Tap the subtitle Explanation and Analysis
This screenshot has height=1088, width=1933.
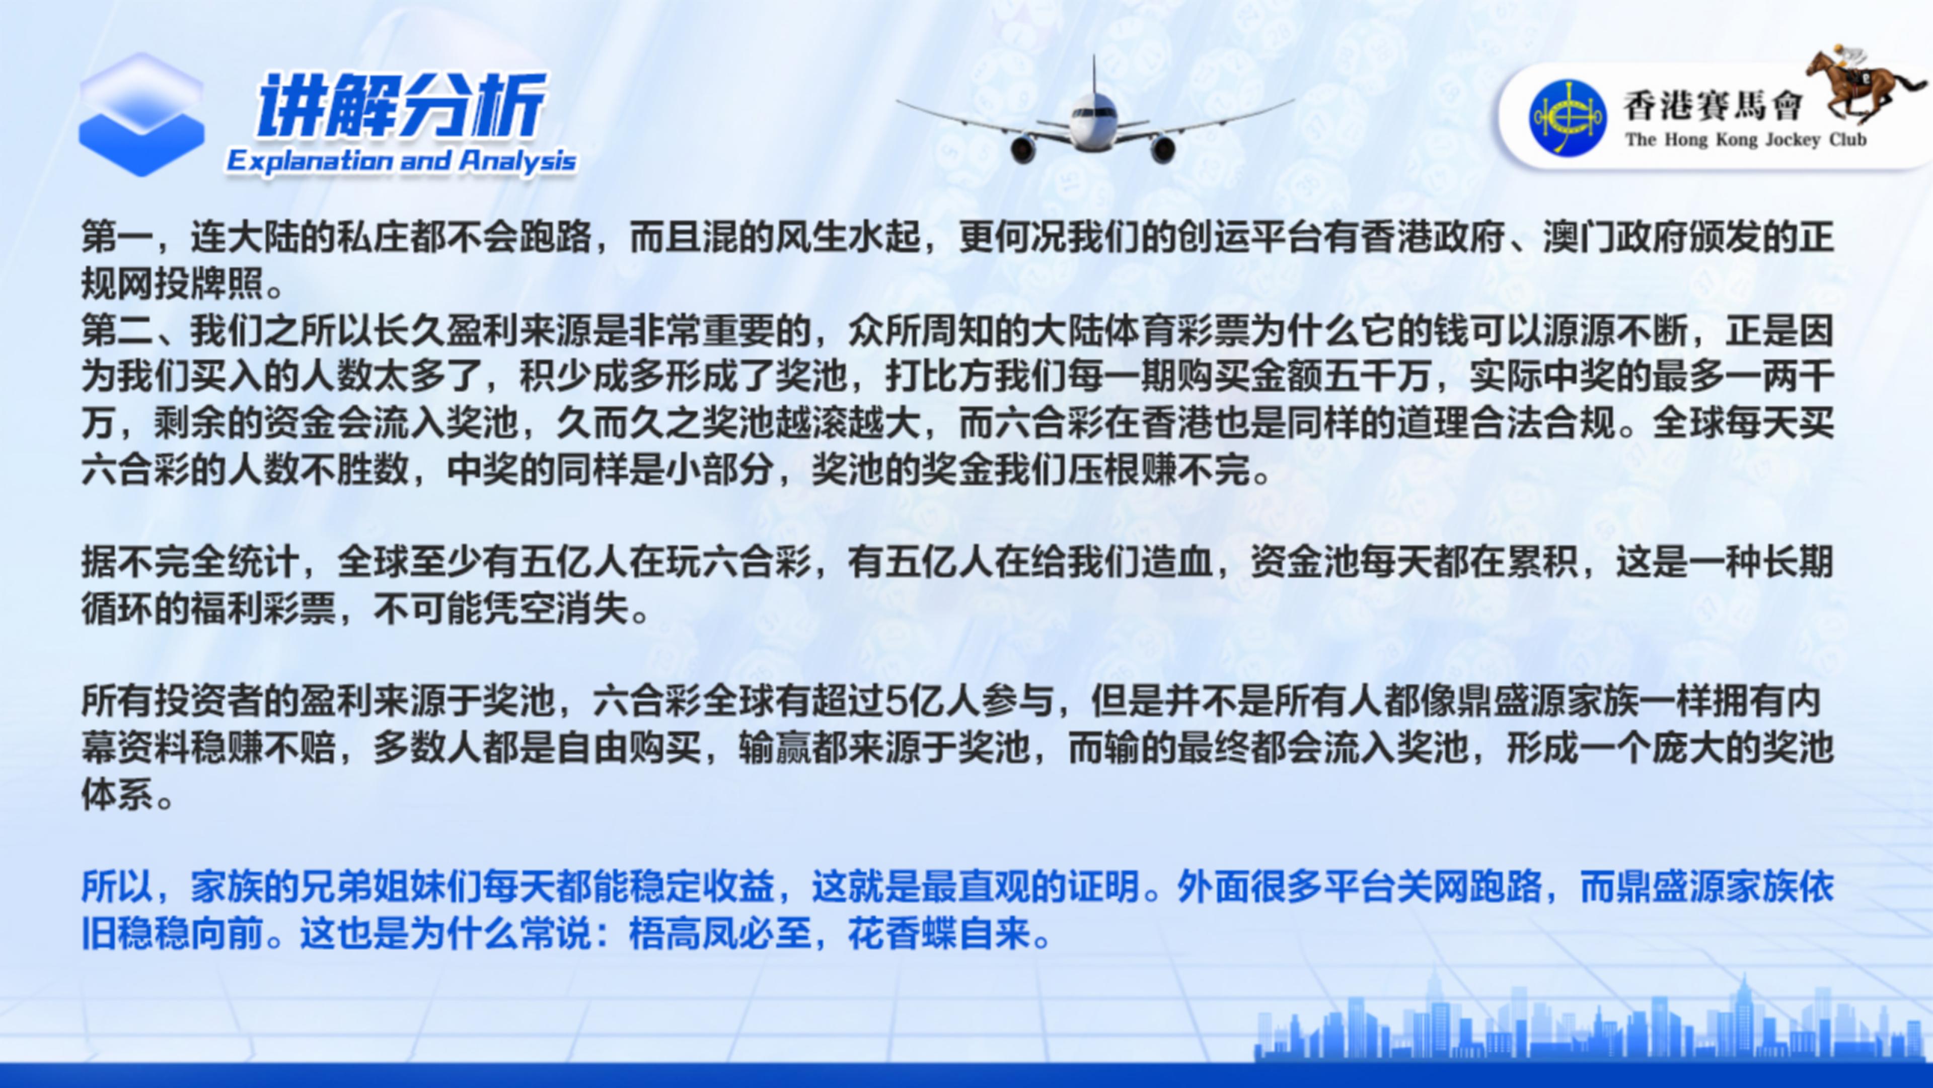coord(402,161)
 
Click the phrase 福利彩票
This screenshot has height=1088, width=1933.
coord(264,609)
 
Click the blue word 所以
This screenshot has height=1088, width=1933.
coord(118,888)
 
